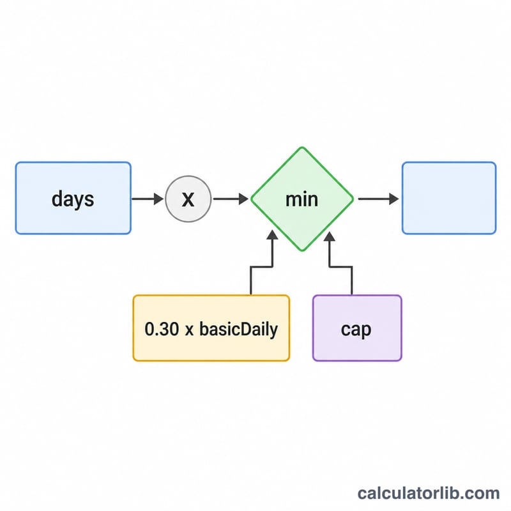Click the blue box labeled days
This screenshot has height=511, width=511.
tap(73, 198)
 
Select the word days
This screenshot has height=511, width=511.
tap(73, 199)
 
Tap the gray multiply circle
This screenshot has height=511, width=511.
tap(188, 199)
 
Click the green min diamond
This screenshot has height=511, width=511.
tap(302, 199)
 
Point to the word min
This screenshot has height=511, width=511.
tap(301, 199)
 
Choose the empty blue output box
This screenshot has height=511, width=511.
tap(449, 198)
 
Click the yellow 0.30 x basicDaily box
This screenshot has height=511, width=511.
tap(211, 328)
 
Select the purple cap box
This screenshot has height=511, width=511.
tap(357, 328)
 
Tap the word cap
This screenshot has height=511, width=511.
tap(356, 330)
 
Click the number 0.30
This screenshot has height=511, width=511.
tap(162, 329)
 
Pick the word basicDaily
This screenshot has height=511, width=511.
tap(238, 330)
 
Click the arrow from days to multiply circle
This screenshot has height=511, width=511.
tap(148, 199)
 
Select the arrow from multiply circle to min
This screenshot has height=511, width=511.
tap(231, 199)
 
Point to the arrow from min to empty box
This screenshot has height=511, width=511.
tap(378, 199)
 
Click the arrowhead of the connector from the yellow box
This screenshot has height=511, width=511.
tap(273, 235)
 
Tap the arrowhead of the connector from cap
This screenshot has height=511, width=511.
tap(330, 236)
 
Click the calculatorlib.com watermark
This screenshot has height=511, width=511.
tap(429, 493)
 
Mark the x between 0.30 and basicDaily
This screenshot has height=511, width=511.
tap(189, 330)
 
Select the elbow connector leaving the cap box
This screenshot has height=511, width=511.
tap(340, 267)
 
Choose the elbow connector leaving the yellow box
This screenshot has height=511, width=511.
tap(262, 267)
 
